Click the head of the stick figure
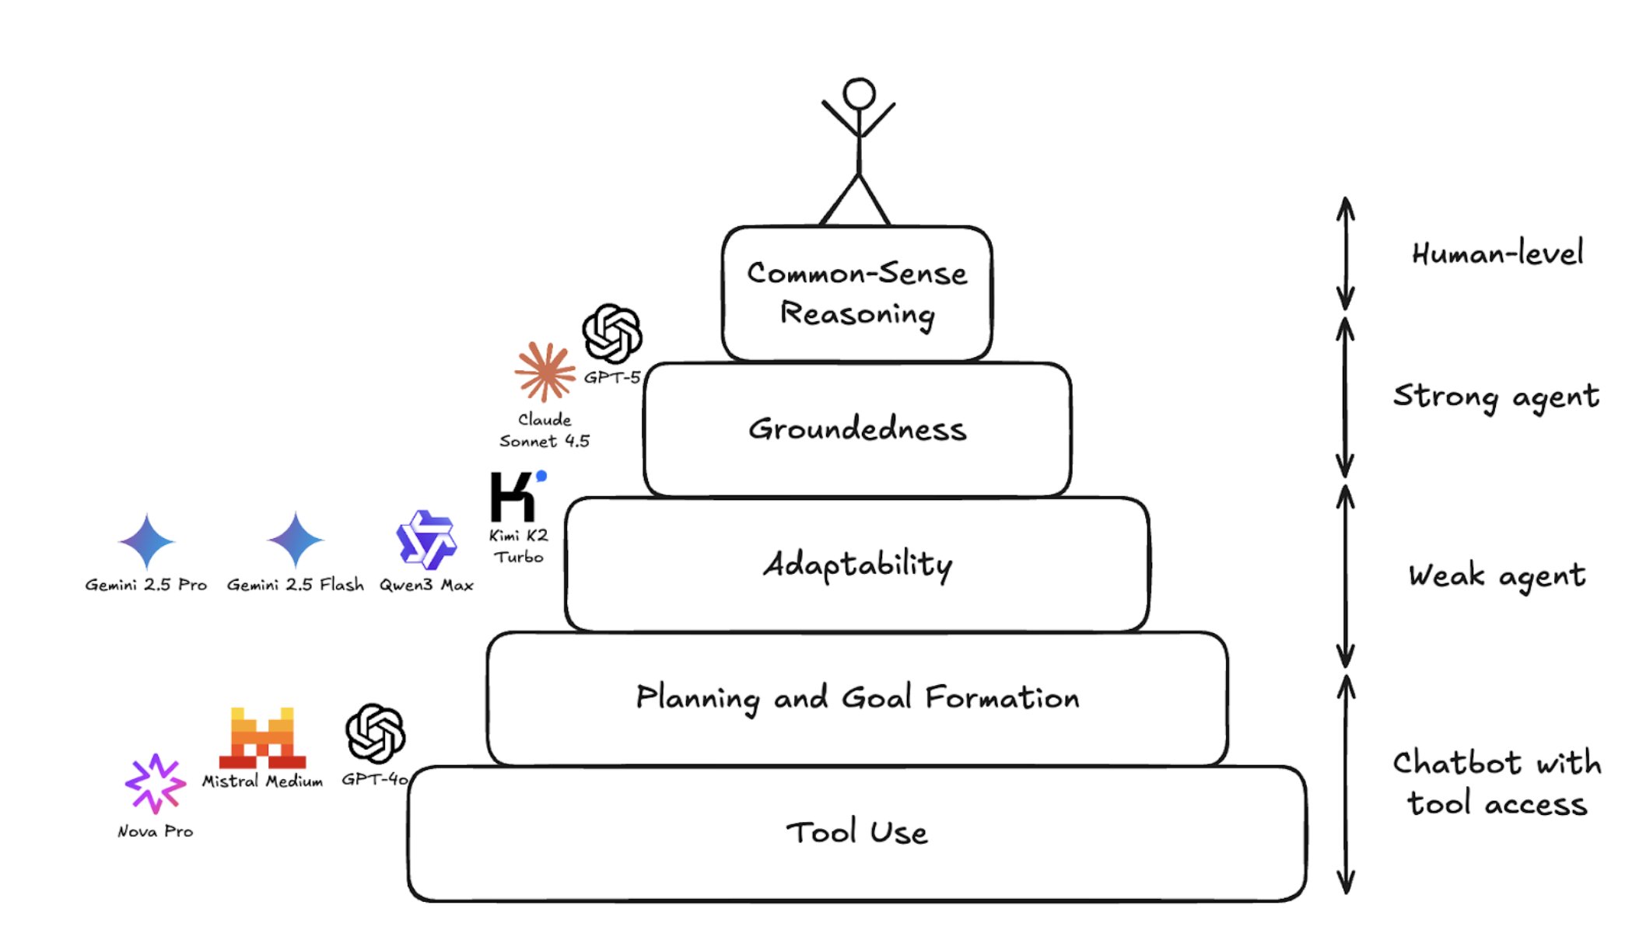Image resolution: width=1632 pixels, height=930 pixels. point(859,93)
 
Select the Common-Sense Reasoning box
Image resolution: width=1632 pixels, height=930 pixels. point(856,293)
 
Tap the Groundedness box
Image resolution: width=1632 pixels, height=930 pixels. point(857,429)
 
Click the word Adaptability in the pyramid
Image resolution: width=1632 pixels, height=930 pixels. point(857,565)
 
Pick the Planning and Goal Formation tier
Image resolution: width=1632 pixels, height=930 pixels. point(857,698)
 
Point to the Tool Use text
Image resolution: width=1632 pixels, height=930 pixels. point(856,833)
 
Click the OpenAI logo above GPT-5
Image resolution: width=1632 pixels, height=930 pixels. point(612,334)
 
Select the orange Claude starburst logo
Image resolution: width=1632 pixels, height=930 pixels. point(545,372)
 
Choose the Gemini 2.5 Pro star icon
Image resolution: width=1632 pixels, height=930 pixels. point(146,540)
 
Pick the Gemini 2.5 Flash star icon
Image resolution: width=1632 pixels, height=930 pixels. point(295,540)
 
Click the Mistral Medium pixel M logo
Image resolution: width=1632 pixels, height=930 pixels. point(262,738)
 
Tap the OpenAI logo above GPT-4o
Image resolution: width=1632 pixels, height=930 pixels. point(375,733)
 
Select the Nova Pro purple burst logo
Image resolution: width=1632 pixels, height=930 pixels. point(155,783)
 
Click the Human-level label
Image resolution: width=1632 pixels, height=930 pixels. point(1497,254)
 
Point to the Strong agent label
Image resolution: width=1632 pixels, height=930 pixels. point(1495,397)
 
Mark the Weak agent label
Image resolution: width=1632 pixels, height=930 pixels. point(1496,576)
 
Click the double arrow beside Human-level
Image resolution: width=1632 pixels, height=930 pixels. point(1345,253)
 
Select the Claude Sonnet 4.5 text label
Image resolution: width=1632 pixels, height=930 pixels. point(545,430)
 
